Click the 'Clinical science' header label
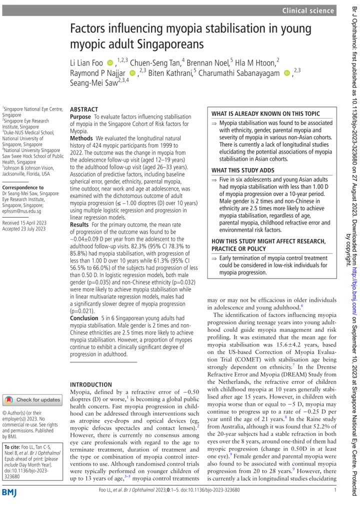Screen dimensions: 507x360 pyautogui.click(x=308, y=10)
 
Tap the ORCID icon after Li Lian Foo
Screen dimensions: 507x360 pyautogui.click(x=110, y=62)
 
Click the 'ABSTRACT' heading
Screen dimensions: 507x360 pyautogui.click(x=84, y=109)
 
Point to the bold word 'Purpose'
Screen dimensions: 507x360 pyautogui.click(x=80, y=116)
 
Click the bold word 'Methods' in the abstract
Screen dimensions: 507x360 pyautogui.click(x=81, y=137)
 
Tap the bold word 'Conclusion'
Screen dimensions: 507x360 pyautogui.click(x=84, y=318)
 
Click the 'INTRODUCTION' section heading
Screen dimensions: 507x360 pyautogui.click(x=91, y=356)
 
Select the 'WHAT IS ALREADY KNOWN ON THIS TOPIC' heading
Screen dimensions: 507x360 pyautogui.click(x=265, y=113)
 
